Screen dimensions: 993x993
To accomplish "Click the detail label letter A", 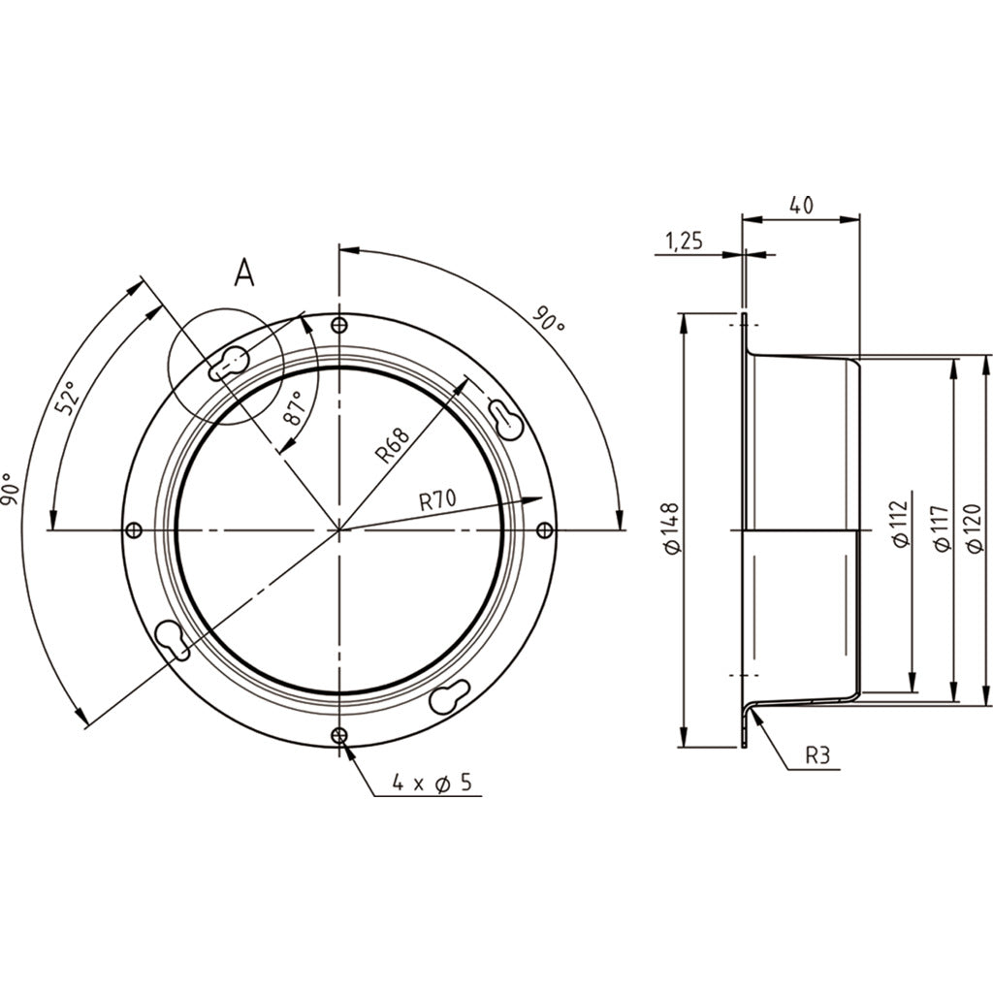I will click(244, 274).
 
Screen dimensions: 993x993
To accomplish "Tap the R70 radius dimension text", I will click(439, 501).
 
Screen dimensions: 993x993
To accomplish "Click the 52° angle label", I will click(67, 398).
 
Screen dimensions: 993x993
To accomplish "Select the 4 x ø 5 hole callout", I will click(432, 783).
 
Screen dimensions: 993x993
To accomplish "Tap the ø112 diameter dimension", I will click(899, 526).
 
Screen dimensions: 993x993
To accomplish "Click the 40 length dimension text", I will click(800, 205).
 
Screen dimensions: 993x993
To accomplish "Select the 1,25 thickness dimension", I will click(684, 241).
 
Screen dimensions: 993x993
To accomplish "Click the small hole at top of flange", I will click(338, 325).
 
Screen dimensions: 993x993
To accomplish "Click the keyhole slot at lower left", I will click(172, 638).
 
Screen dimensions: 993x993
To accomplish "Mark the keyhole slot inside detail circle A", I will click(229, 364).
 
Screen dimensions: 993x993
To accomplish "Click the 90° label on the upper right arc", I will click(549, 321).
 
